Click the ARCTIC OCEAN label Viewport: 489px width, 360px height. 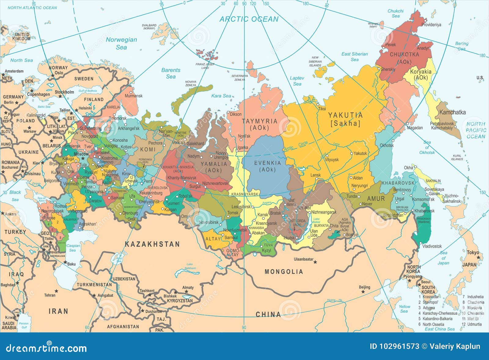249,19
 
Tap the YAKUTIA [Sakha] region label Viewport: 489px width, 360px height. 345,119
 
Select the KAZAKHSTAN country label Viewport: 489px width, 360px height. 152,244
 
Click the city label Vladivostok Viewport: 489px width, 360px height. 432,246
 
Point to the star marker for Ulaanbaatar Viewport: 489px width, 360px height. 315,262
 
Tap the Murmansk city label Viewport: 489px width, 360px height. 134,96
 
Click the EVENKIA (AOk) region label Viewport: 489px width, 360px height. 267,166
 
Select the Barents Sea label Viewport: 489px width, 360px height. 171,73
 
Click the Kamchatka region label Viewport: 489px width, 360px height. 452,112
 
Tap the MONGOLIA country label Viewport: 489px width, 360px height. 284,271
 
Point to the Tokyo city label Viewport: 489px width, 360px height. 473,253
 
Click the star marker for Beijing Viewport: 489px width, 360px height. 363,292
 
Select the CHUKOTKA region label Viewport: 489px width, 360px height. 404,58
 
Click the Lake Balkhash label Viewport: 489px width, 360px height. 190,266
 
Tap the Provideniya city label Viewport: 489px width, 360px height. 431,25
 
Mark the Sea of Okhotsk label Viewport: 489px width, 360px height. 427,147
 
